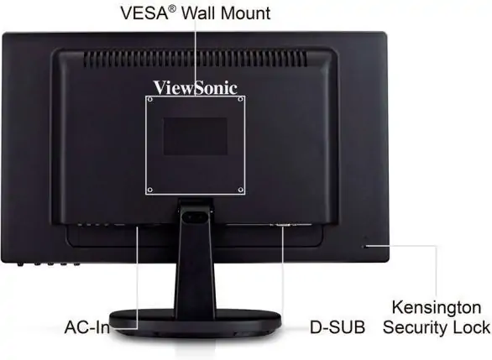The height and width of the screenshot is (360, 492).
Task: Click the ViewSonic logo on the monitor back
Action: click(195, 88)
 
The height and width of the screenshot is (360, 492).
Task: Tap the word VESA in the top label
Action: click(144, 13)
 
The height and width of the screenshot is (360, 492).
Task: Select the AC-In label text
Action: click(87, 327)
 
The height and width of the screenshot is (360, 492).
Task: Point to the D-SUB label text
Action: click(338, 327)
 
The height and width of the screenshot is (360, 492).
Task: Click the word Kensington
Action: click(437, 307)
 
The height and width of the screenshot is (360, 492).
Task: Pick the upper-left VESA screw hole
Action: click(150, 99)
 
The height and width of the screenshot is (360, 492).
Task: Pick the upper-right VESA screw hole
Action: click(241, 99)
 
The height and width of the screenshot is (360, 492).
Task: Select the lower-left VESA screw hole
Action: click(150, 190)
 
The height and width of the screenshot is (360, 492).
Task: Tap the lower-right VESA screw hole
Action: click(241, 190)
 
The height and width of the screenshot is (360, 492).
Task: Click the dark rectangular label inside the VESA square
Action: click(195, 136)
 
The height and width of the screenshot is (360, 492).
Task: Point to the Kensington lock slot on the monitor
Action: click(364, 246)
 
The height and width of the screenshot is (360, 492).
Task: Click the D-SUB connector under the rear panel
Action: click(282, 225)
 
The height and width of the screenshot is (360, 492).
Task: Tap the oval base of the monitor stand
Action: click(195, 322)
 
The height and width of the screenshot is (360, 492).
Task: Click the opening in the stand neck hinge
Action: click(195, 217)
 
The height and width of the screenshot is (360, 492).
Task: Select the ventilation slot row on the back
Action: click(195, 59)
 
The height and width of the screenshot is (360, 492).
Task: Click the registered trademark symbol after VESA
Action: click(172, 8)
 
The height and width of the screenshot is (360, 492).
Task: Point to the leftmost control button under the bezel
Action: click(20, 264)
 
